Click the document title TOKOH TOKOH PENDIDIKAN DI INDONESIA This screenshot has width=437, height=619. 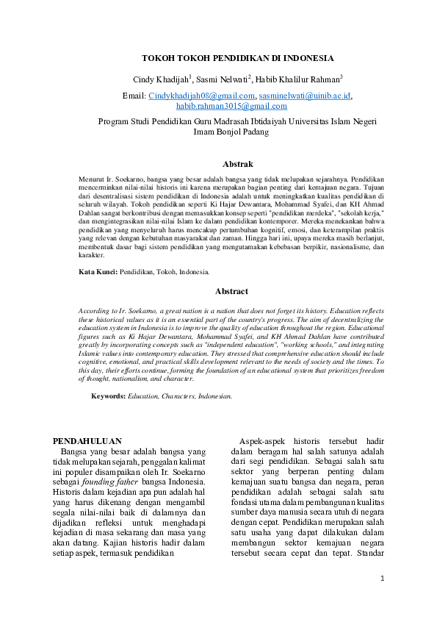238,58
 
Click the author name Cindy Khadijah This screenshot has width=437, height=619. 161,79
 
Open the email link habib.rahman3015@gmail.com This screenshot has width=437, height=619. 236,106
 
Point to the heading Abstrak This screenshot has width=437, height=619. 238,164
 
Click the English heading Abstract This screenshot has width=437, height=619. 231,291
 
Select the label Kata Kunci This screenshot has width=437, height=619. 98,272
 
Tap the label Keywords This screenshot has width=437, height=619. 108,396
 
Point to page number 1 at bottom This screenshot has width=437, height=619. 383,579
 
